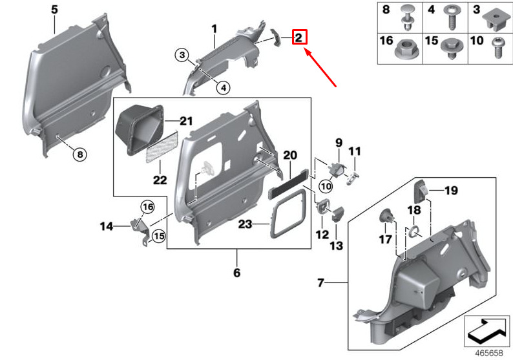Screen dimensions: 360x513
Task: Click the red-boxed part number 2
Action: click(299, 37)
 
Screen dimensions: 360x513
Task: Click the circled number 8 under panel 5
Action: click(78, 154)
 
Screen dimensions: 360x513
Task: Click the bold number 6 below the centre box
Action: click(236, 273)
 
